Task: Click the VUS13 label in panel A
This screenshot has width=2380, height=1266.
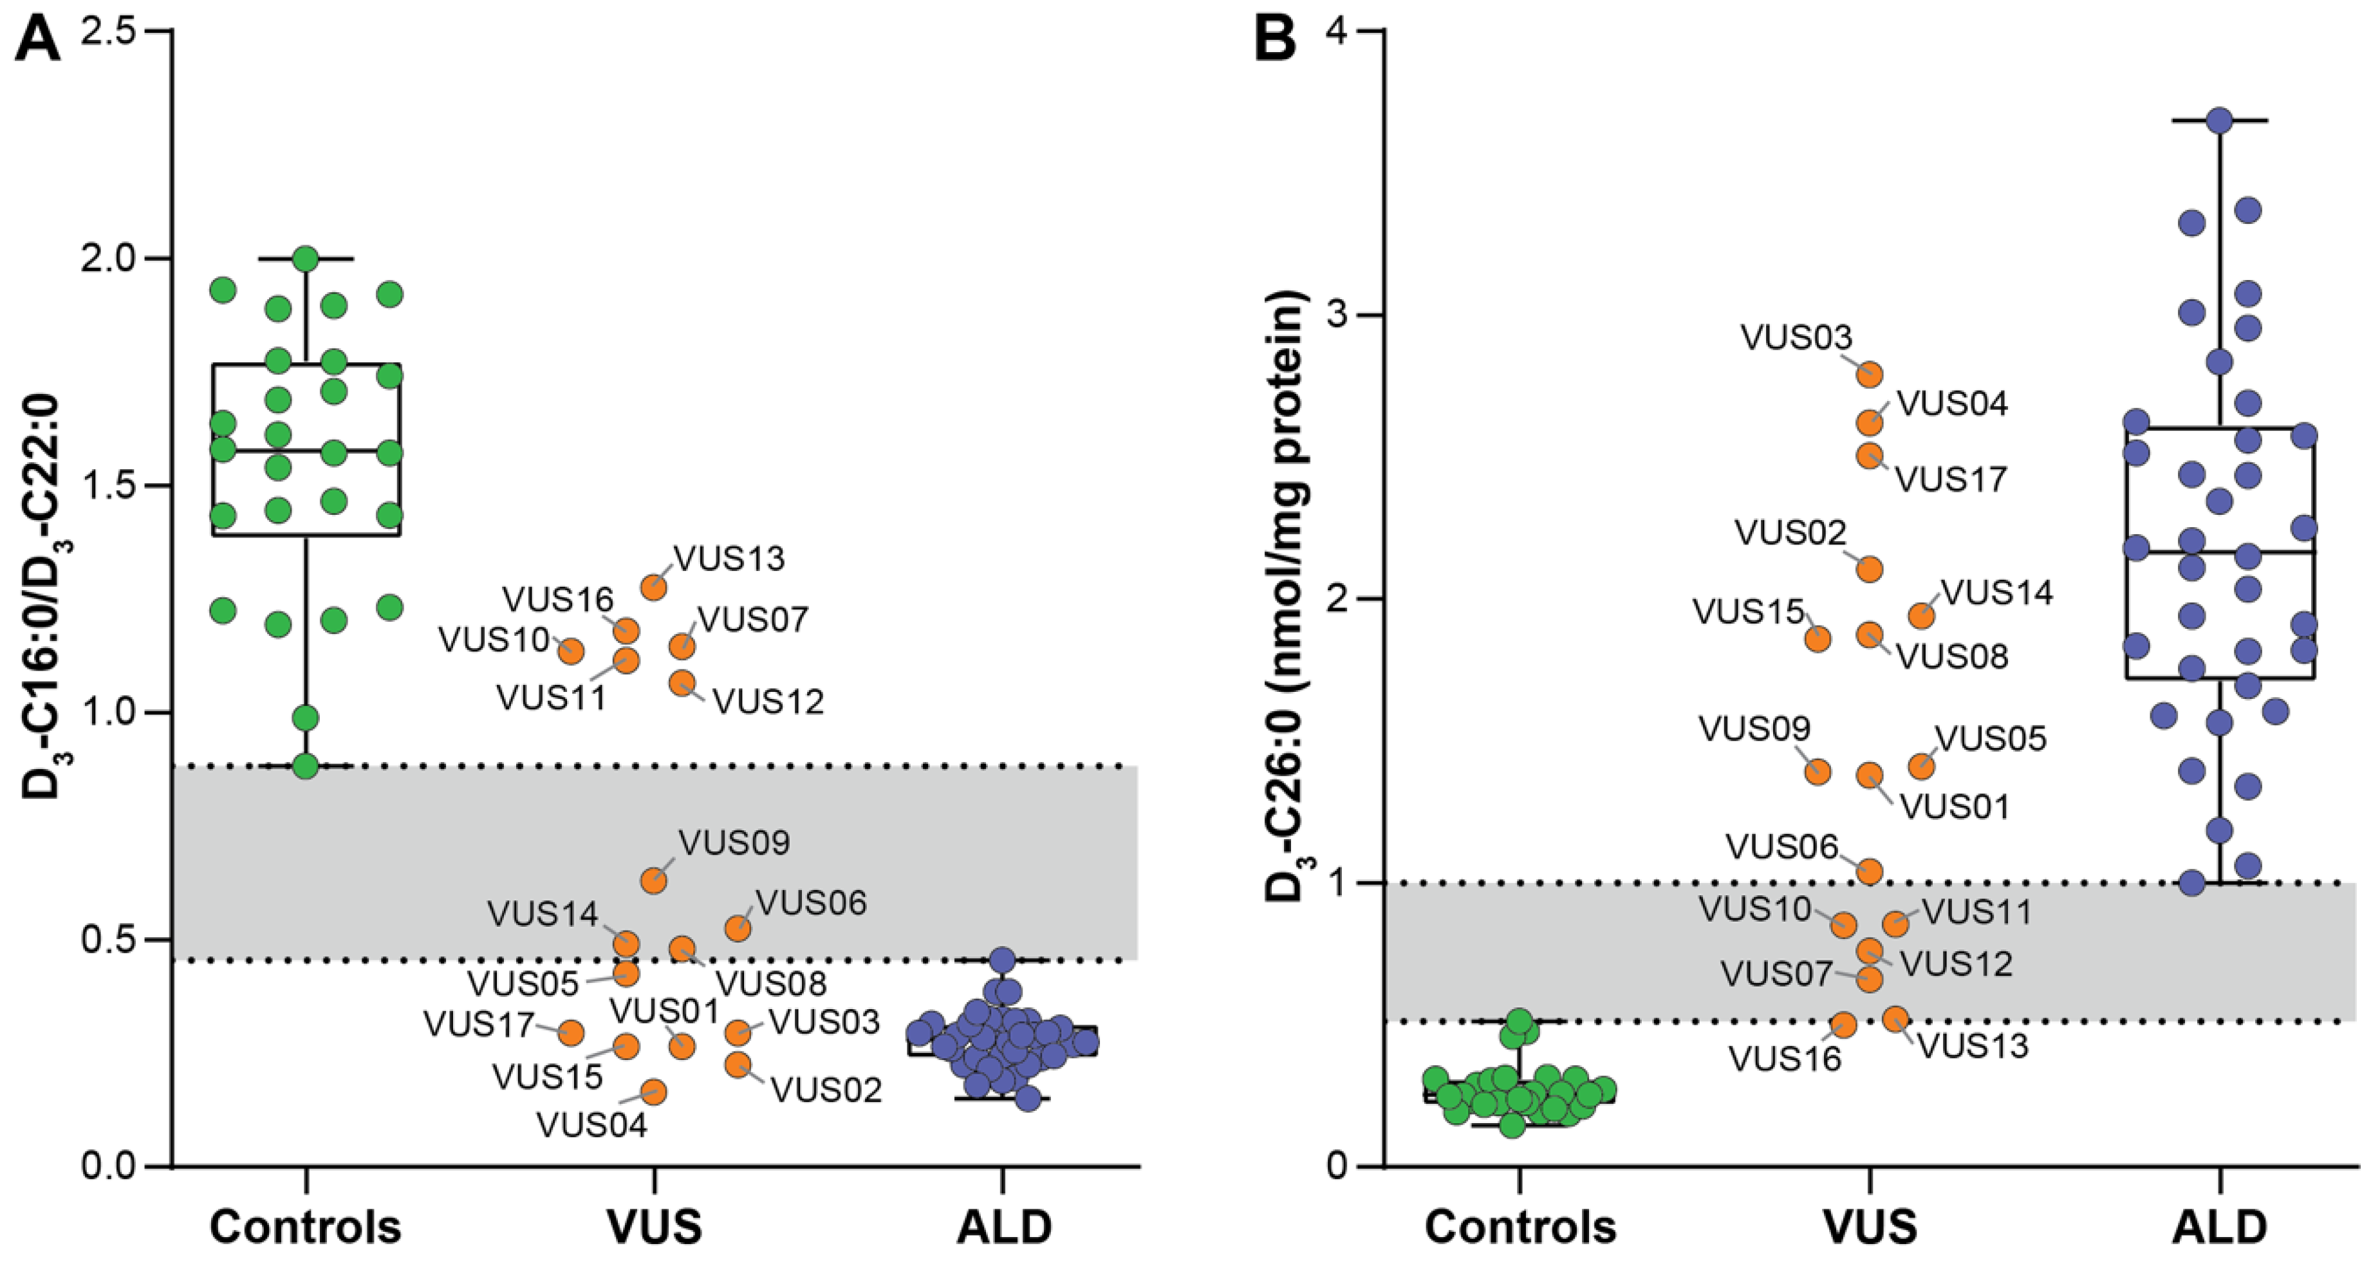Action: coord(729,558)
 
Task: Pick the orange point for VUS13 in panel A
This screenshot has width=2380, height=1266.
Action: coord(654,587)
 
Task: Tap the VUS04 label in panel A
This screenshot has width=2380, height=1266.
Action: coord(592,1126)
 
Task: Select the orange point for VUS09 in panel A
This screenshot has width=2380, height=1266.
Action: coord(654,880)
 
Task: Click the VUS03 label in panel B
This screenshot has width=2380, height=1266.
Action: coord(1797,337)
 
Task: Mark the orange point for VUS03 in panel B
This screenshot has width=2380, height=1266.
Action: coord(1870,374)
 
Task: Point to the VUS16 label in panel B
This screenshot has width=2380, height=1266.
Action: coord(1785,1059)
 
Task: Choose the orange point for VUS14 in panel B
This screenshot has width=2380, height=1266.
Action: coord(1922,615)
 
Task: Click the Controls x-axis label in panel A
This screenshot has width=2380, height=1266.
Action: coord(306,1226)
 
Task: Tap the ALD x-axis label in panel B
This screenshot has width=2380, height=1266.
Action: coord(2218,1226)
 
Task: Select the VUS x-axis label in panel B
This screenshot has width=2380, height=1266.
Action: coord(1870,1226)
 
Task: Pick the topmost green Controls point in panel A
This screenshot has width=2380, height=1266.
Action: coord(306,259)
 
